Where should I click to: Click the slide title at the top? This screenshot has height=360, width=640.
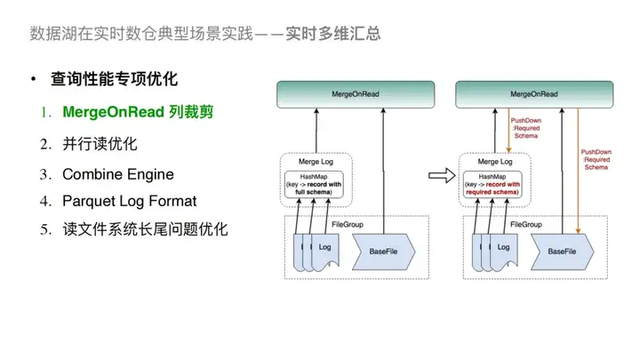[205, 35]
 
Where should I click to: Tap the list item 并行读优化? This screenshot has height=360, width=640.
[100, 144]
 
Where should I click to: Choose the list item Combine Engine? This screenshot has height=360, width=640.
[117, 173]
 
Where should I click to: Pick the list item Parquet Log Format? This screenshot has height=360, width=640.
[129, 201]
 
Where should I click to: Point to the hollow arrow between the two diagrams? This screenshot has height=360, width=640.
[438, 175]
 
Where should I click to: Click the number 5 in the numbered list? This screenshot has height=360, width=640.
[44, 229]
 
